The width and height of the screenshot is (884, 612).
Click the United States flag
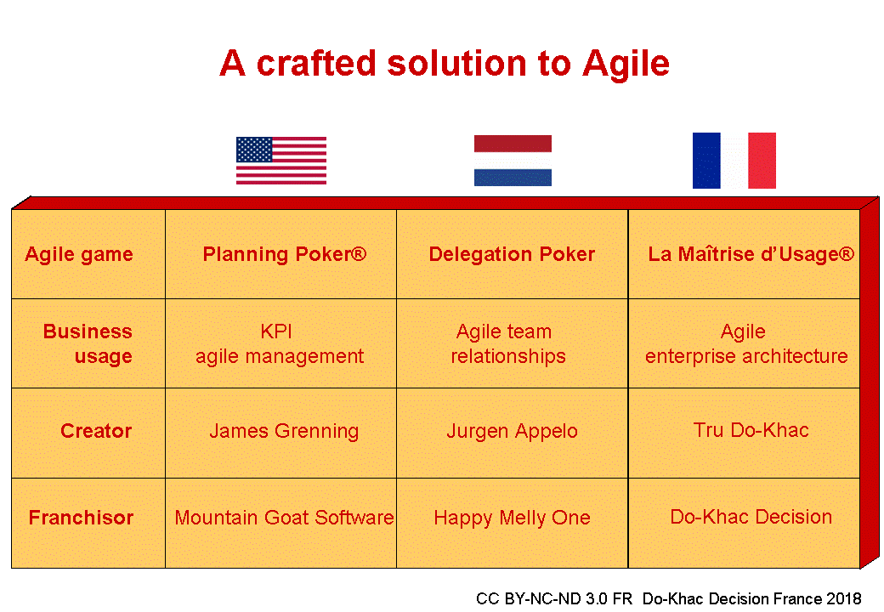point(280,161)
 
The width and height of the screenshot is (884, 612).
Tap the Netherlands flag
point(513,161)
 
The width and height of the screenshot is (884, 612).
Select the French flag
point(734,161)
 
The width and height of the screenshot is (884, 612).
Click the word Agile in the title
point(626,64)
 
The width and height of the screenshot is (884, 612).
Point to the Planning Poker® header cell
point(284,254)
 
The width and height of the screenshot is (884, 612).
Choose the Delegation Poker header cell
point(512,254)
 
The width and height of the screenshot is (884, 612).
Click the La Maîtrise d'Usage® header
point(751,254)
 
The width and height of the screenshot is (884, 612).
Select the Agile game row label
point(79,254)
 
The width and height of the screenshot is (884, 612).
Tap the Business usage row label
point(88,343)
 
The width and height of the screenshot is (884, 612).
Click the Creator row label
point(96,431)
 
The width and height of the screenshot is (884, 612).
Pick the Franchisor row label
point(81,518)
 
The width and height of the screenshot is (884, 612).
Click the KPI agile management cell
point(280,343)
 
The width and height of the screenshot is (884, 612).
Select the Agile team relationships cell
point(507,343)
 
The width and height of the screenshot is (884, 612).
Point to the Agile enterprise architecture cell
point(745,343)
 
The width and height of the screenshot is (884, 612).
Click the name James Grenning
point(284,431)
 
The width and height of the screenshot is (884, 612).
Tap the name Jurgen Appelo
point(512,431)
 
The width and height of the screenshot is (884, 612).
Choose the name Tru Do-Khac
point(751,429)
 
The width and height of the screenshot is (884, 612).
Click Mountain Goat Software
point(284,518)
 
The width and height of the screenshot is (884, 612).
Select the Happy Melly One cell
point(512,518)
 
